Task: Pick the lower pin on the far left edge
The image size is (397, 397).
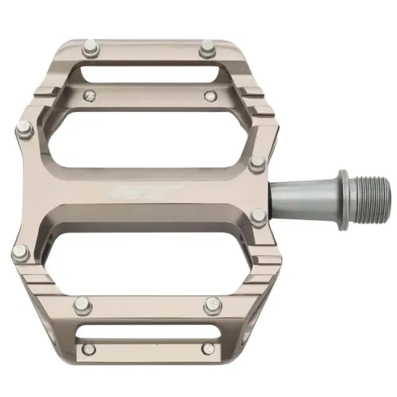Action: coord(20,253)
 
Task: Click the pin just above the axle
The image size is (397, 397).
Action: coord(259,162)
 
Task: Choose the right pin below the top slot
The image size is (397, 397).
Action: coord(210,97)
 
